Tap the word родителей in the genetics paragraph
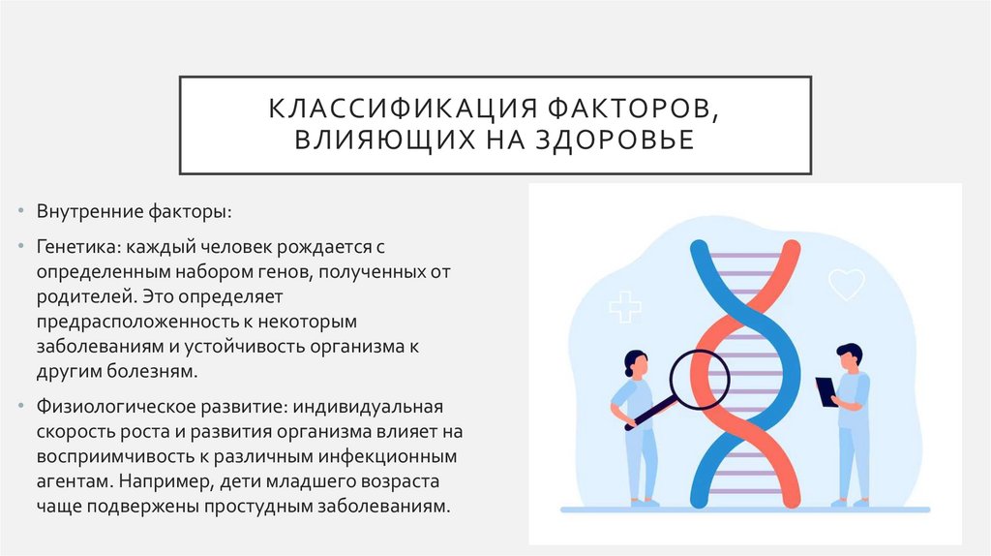(x=76, y=294)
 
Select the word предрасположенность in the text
(x=130, y=320)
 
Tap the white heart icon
(x=847, y=285)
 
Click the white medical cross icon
(x=625, y=307)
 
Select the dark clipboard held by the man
(x=826, y=391)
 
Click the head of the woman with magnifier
(x=635, y=363)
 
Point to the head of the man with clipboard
(x=848, y=355)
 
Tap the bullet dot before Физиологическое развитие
(x=24, y=404)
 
